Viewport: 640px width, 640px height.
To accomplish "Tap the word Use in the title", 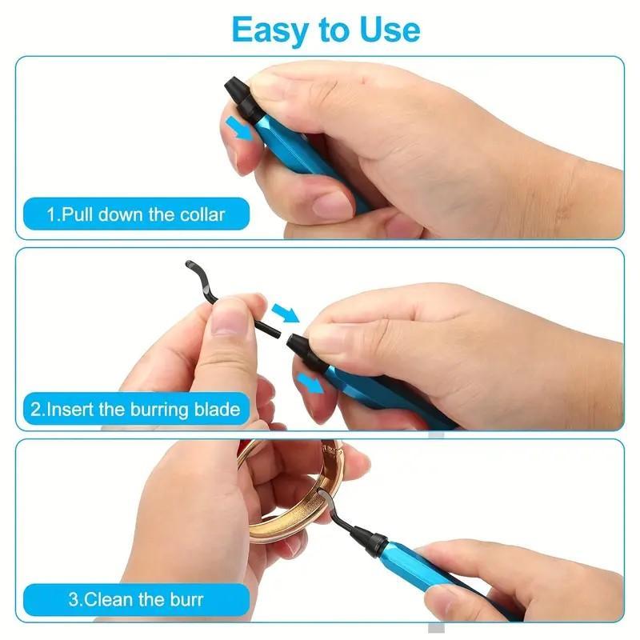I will pos(386,30).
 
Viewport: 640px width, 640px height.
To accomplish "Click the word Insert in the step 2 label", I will pos(72,410).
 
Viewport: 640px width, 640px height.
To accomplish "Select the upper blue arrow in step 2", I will pos(283,310).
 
